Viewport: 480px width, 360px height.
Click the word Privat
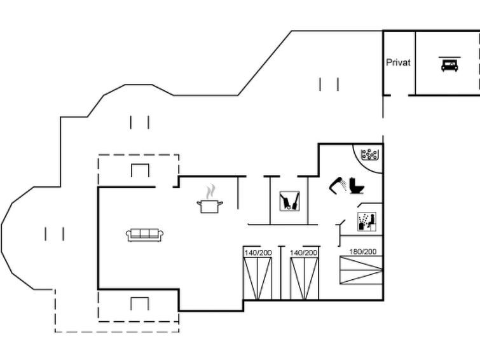tap(398, 62)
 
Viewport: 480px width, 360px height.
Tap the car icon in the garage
tap(449, 64)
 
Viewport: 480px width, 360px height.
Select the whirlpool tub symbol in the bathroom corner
tap(369, 155)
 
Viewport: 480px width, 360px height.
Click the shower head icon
tap(338, 185)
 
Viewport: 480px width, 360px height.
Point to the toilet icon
tap(357, 185)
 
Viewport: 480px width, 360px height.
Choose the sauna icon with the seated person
tap(367, 222)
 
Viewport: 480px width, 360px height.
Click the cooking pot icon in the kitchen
tap(210, 206)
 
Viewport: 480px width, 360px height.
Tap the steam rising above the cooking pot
tap(210, 191)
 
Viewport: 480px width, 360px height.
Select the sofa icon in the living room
tap(144, 235)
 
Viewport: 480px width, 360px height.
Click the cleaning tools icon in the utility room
tap(290, 201)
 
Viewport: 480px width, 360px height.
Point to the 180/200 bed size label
tap(363, 251)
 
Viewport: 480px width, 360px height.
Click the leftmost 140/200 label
tap(258, 253)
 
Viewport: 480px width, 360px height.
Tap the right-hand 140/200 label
tap(304, 253)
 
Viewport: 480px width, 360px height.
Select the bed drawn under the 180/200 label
tap(361, 270)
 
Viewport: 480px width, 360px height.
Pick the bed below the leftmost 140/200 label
tap(257, 279)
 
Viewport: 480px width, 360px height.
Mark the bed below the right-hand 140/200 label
tap(305, 279)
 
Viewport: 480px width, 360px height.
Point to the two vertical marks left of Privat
tap(329, 84)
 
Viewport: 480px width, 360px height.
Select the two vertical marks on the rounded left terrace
tap(55, 234)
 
